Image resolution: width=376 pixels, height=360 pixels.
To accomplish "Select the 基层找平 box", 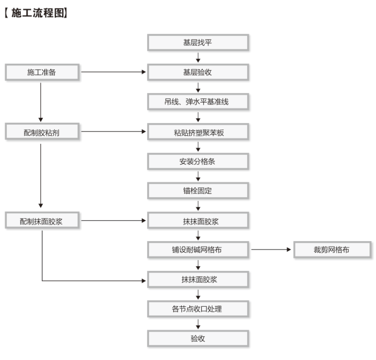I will tap(198, 43).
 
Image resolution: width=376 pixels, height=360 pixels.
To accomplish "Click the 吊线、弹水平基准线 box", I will tap(198, 102).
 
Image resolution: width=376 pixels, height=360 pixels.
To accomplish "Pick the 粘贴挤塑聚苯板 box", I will tap(198, 132).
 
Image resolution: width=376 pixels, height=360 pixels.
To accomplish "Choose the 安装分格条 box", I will tap(198, 161).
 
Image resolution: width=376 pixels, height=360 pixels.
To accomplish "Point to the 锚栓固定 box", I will tap(198, 191).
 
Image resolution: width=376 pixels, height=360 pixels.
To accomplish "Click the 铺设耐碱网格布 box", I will tap(198, 250).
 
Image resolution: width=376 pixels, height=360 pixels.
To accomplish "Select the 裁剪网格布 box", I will tap(332, 250).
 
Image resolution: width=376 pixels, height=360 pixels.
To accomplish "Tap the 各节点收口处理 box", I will tap(198, 309).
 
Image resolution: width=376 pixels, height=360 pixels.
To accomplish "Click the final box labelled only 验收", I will tap(198, 339).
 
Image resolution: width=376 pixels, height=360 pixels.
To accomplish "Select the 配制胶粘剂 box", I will tap(42, 132).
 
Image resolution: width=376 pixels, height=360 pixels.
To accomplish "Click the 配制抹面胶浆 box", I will tap(42, 221).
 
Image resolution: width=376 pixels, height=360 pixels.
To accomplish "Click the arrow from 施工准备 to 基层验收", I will tap(113, 72).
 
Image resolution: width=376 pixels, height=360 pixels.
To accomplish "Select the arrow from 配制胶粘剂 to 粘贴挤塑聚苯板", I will tap(113, 131).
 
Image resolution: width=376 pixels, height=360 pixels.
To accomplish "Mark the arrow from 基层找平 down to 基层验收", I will tap(198, 57).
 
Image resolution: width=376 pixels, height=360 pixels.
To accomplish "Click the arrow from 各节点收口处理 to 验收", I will tap(198, 324).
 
